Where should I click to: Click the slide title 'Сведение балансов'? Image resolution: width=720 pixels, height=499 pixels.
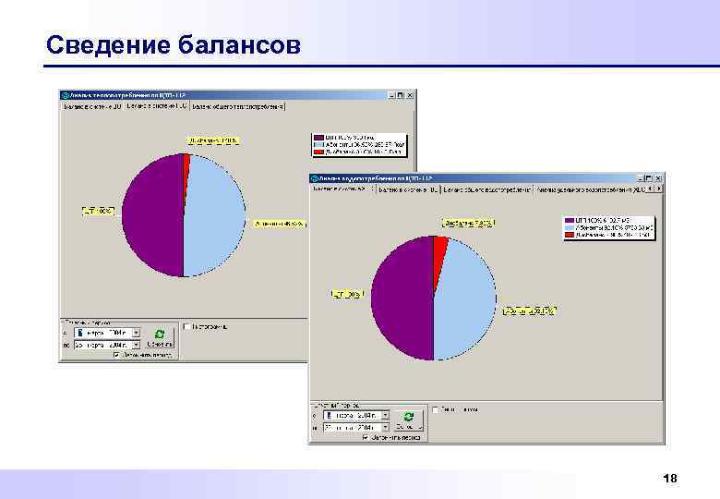pos(173,44)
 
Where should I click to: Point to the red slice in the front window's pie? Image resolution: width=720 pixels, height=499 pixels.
pos(440,247)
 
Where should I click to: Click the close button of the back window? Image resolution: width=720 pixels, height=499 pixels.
pos(411,95)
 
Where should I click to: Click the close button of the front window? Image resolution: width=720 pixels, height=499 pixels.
pos(657,176)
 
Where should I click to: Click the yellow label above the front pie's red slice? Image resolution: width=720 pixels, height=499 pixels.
pos(468,224)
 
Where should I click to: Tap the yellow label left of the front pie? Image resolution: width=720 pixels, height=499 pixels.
pos(348,294)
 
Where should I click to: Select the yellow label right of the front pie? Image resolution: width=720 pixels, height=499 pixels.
pos(529,311)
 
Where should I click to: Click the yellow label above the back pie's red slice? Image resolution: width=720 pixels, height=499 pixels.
pos(214,140)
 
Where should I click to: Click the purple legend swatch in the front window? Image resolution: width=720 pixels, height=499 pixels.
pos(570,221)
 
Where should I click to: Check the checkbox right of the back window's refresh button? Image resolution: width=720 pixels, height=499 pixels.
pos(186,326)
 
